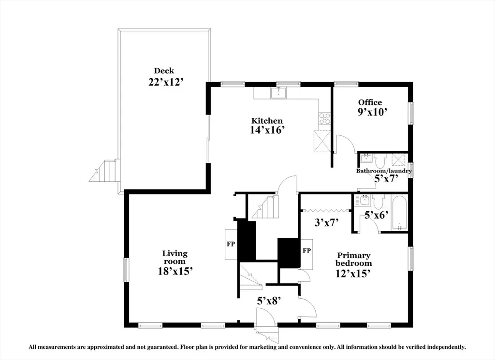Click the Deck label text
tap(164, 71)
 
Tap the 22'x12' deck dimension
tap(166, 82)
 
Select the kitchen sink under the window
tap(278, 93)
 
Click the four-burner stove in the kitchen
tap(324, 119)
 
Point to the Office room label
tap(370, 102)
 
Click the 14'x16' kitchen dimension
tap(268, 130)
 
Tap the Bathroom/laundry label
tap(384, 171)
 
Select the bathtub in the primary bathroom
tap(399, 213)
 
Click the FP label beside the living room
tap(231, 244)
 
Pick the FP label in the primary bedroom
tap(306, 251)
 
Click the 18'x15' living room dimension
tap(175, 271)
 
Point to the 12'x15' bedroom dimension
tap(352, 274)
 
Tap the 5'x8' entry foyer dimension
tap(269, 302)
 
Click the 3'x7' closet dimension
tap(326, 223)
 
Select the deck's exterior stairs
tap(105, 171)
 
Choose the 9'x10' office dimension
tap(372, 112)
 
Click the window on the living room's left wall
tap(126, 270)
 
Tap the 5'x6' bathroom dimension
tap(376, 215)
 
